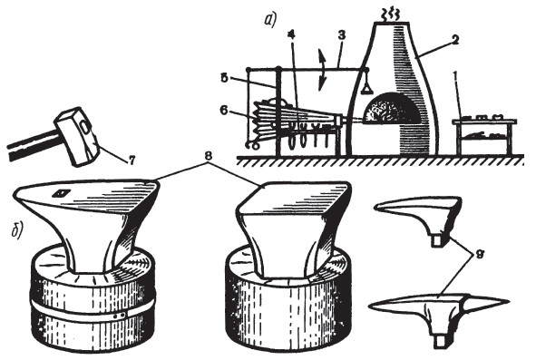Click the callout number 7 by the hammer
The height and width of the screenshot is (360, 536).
click(132, 160)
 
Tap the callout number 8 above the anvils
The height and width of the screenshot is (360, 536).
click(209, 156)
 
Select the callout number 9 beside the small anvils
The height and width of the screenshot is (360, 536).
click(479, 256)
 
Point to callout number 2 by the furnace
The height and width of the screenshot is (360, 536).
click(454, 40)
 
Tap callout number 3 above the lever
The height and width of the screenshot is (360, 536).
click(341, 35)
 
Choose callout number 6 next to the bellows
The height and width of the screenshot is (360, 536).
click(224, 112)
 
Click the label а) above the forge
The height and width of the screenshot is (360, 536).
click(270, 21)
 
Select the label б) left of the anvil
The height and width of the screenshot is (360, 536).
click(16, 230)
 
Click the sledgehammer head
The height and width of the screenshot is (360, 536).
click(78, 137)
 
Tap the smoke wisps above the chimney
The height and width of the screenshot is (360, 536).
click(390, 15)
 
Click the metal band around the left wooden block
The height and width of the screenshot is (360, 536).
click(93, 308)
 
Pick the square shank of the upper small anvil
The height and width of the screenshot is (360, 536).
click(436, 240)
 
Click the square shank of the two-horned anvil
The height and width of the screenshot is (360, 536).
click(440, 343)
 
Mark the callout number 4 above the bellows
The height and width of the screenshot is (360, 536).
click(292, 34)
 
